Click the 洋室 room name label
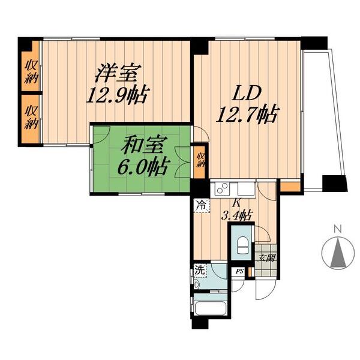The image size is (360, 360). click(x=119, y=75)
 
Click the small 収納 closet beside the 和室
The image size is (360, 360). click(x=200, y=160)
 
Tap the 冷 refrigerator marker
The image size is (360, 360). click(x=202, y=205)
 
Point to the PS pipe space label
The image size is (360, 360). click(x=239, y=272)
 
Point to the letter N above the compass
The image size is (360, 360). click(x=338, y=229)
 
